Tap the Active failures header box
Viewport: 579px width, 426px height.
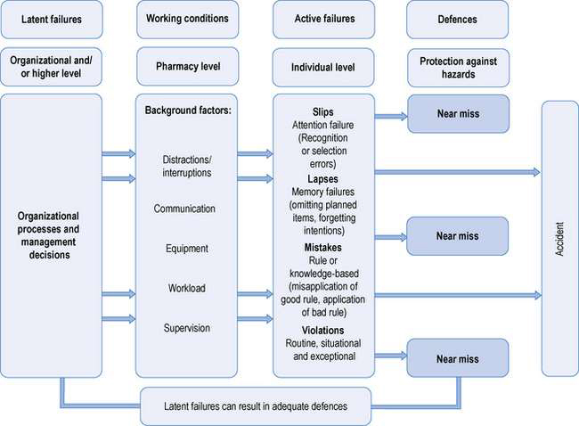[x=320, y=18]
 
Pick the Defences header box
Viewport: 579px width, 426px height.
[x=456, y=18]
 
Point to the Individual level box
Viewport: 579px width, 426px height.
[x=320, y=66]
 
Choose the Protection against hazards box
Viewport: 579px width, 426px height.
[x=456, y=66]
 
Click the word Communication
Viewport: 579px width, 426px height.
[x=185, y=209]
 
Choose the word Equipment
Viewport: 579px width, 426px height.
[x=185, y=249]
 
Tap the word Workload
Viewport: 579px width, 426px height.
[x=185, y=288]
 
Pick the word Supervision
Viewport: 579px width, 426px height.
[x=185, y=328]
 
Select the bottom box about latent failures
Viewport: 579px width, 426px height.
[x=256, y=406]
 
